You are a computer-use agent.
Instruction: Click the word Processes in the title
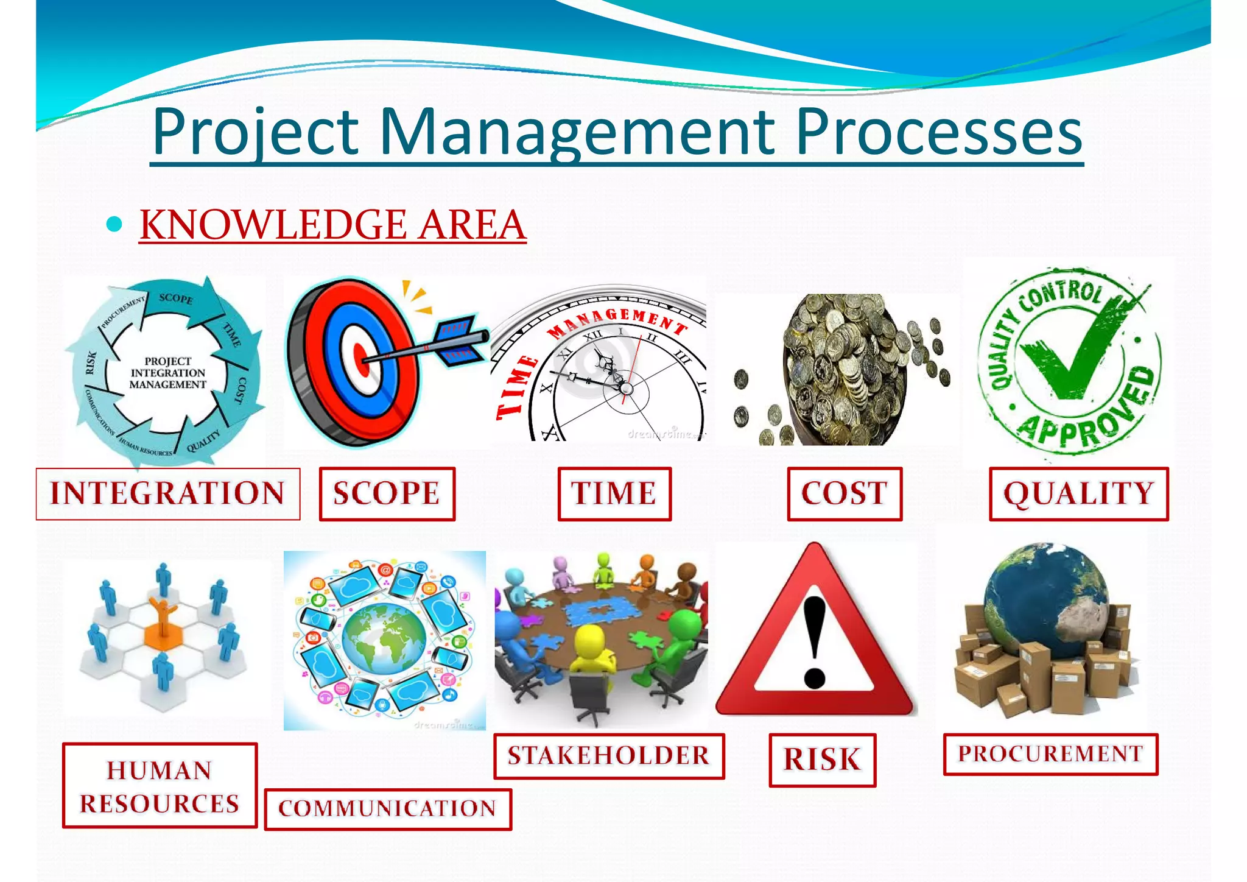(x=938, y=132)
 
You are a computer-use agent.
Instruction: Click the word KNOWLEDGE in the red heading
(x=273, y=225)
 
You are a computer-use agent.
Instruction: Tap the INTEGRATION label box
(x=167, y=493)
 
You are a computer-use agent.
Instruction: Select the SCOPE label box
(x=387, y=493)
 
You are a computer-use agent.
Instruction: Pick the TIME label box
(x=614, y=493)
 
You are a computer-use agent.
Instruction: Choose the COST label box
(x=844, y=493)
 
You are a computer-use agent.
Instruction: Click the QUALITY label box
(x=1078, y=493)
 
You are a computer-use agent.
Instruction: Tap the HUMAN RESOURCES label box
(x=160, y=786)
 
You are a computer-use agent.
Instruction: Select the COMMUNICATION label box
(x=388, y=809)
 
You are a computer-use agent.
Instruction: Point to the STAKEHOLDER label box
(x=609, y=756)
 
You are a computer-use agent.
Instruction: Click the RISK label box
(x=822, y=760)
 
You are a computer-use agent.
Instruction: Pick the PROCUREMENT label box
(x=1050, y=754)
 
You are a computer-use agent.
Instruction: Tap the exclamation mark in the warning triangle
(x=815, y=640)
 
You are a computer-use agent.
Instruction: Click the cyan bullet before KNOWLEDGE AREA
(x=114, y=225)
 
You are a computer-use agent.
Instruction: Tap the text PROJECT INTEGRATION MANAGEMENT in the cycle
(x=167, y=373)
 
